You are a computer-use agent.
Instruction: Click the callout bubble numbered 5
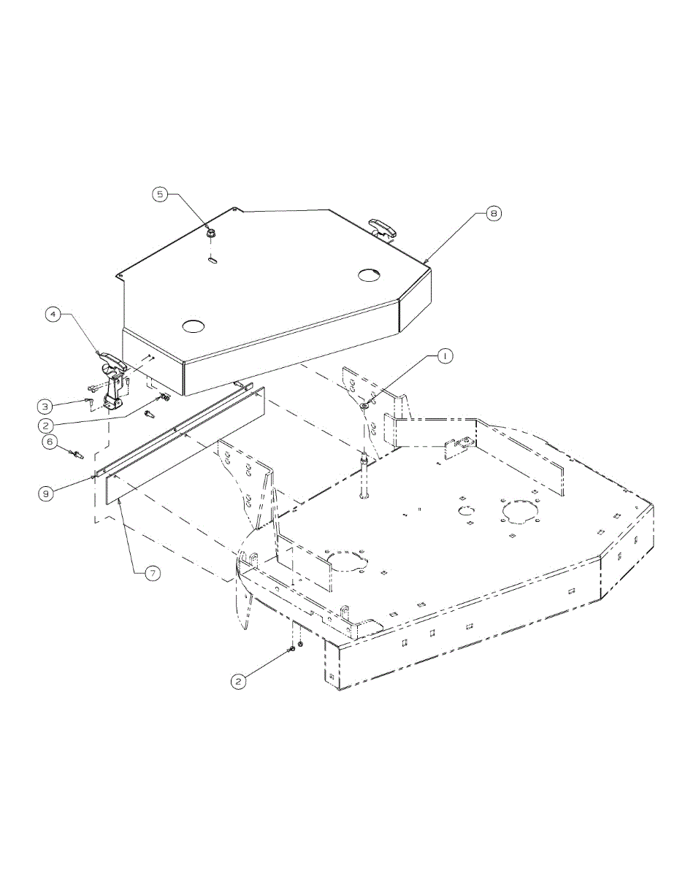click(x=161, y=194)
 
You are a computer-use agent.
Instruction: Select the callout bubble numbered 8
click(x=493, y=213)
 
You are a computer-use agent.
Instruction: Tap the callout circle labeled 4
click(x=53, y=315)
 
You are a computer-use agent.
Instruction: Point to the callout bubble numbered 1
click(x=445, y=356)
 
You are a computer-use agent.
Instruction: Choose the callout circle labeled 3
click(x=45, y=407)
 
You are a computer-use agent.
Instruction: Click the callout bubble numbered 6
click(x=50, y=442)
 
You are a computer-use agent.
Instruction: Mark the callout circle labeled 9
click(x=46, y=493)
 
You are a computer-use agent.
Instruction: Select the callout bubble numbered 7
click(x=153, y=574)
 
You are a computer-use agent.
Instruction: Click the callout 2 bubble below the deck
click(x=238, y=681)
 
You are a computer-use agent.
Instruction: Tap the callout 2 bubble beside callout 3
click(x=45, y=425)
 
